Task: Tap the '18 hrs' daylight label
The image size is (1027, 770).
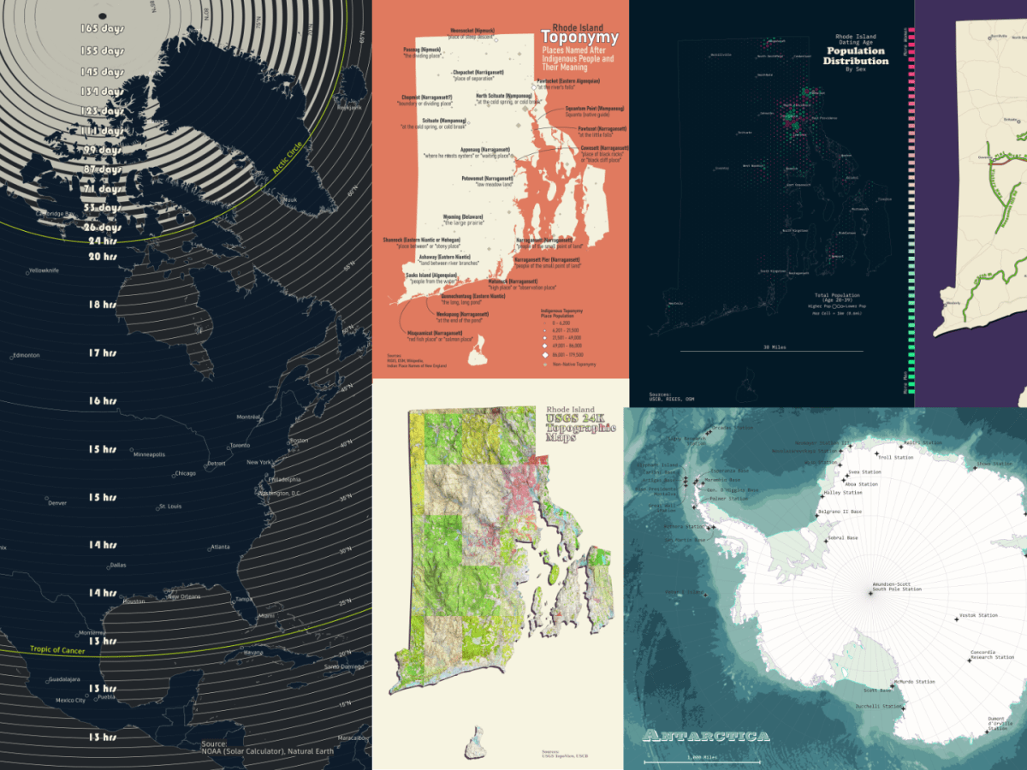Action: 102,305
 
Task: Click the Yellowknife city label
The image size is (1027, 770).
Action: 45,271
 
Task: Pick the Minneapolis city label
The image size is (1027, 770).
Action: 149,454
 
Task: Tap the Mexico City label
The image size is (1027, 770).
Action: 70,701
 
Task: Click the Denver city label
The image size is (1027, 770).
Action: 57,503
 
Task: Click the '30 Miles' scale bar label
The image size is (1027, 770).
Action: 773,347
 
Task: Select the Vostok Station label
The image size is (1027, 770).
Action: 979,615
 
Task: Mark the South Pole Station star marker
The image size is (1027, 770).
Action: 870,594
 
